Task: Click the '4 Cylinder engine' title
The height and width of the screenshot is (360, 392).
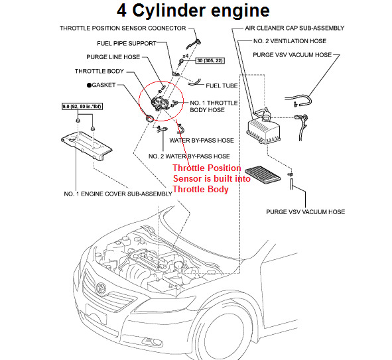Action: (193, 11)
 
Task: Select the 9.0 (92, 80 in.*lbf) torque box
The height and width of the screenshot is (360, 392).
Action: (82, 107)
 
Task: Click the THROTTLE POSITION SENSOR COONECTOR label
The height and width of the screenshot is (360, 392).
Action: (123, 29)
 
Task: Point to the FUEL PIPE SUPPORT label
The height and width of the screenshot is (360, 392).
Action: (127, 44)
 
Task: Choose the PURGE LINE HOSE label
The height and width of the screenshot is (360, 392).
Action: (113, 57)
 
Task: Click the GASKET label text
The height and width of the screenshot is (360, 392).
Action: (103, 85)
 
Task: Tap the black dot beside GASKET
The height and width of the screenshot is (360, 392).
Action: (89, 85)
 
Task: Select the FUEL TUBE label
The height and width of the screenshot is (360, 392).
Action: (222, 86)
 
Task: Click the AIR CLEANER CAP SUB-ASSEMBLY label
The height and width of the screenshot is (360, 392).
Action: (294, 28)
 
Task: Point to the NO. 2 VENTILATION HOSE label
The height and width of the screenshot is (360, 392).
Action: (290, 41)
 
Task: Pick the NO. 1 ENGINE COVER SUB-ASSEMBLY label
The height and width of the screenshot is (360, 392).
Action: (118, 194)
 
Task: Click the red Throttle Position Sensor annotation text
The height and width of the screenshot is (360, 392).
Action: (211, 178)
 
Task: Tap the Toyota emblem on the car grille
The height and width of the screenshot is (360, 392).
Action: (101, 288)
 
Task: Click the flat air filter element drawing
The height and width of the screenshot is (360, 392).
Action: (263, 174)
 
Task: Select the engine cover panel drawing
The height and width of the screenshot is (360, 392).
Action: (86, 146)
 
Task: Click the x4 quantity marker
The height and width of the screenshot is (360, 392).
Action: (185, 56)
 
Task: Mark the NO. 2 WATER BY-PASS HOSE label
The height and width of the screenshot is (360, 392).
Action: (189, 156)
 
